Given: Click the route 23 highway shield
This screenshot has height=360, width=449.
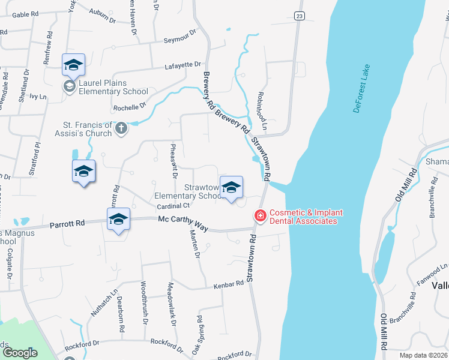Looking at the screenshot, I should tap(298, 16).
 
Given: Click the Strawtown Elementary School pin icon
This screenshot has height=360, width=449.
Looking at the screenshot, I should tap(231, 188).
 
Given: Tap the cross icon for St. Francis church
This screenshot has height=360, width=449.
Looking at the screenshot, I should tap(121, 128).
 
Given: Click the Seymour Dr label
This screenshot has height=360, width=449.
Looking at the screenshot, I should tap(180, 38).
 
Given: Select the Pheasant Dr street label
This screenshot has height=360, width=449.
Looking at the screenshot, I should tap(173, 161).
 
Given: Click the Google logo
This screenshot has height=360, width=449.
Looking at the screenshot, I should tap(20, 352).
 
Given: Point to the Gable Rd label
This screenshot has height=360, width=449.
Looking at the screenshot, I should tap(25, 14).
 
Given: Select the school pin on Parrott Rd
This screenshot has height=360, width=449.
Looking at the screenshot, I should tap(118, 220).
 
